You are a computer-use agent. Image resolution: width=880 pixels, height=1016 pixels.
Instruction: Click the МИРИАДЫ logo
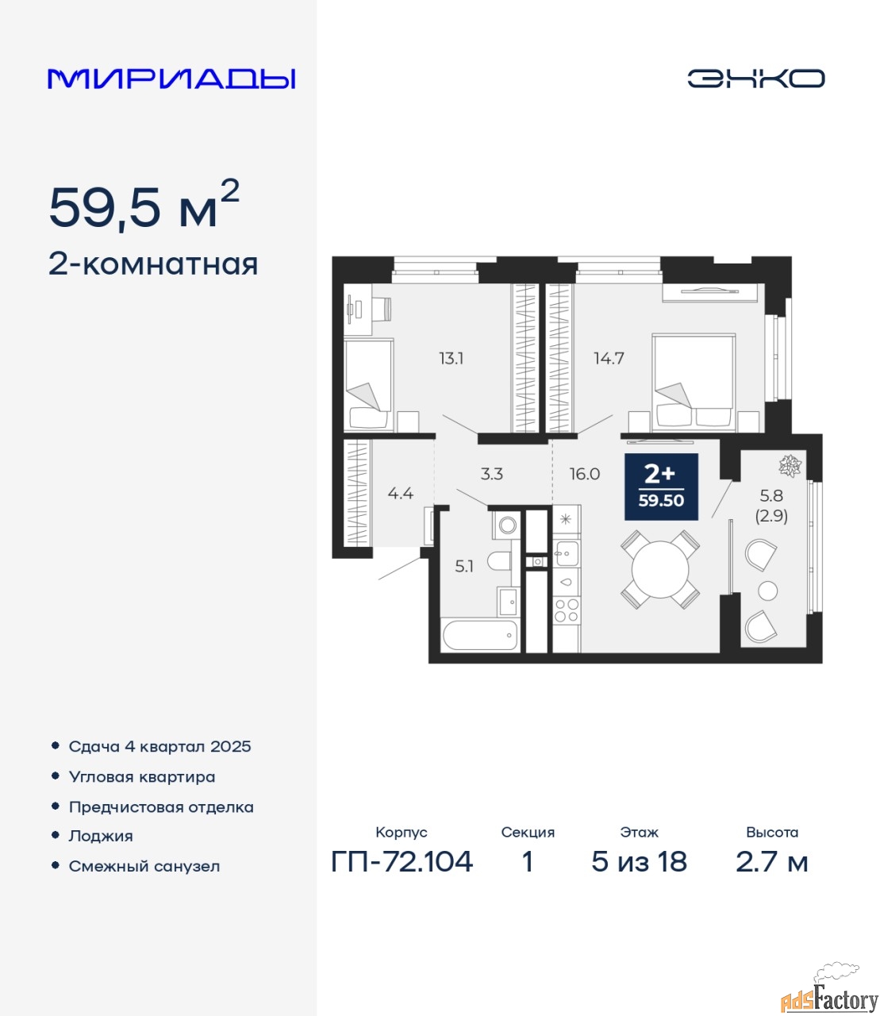pyautogui.click(x=171, y=79)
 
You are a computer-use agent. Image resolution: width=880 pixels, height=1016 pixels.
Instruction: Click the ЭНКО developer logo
pyautogui.click(x=755, y=79)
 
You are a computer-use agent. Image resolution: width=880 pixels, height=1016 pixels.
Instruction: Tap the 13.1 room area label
pyautogui.click(x=451, y=358)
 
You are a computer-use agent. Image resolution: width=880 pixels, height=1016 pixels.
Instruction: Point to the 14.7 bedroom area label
pyautogui.click(x=609, y=358)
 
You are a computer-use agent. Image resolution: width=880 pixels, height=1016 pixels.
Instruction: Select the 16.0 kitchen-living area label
pyautogui.click(x=585, y=474)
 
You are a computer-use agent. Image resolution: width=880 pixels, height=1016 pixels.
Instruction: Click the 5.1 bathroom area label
pyautogui.click(x=464, y=567)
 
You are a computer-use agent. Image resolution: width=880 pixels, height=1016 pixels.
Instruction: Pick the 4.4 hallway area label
pyautogui.click(x=401, y=493)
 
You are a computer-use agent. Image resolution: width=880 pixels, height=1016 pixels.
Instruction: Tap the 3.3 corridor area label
pyautogui.click(x=491, y=474)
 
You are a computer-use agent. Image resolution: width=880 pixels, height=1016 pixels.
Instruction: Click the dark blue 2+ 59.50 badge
pyautogui.click(x=661, y=487)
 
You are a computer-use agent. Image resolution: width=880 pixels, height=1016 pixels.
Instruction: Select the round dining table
pyautogui.click(x=660, y=570)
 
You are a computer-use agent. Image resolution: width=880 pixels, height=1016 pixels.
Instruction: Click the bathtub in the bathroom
pyautogui.click(x=481, y=635)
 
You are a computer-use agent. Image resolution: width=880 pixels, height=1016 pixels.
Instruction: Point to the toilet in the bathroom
pyautogui.click(x=500, y=562)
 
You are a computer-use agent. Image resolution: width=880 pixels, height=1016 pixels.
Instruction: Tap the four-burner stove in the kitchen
pyautogui.click(x=566, y=611)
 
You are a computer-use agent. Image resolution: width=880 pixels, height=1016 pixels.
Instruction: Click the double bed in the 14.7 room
pyautogui.click(x=694, y=383)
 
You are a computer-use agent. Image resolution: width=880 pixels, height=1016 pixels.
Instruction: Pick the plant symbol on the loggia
pyautogui.click(x=790, y=465)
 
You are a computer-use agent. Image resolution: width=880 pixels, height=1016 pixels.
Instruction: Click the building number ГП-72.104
pyautogui.click(x=402, y=862)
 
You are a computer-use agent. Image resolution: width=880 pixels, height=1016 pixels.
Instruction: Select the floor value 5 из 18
pyautogui.click(x=639, y=862)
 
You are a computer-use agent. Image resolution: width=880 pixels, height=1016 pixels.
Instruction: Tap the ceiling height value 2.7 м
pyautogui.click(x=771, y=862)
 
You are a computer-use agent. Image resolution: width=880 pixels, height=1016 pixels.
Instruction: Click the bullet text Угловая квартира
pyautogui.click(x=142, y=777)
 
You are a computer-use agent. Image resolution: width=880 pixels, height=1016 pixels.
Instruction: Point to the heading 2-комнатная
pyautogui.click(x=153, y=265)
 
